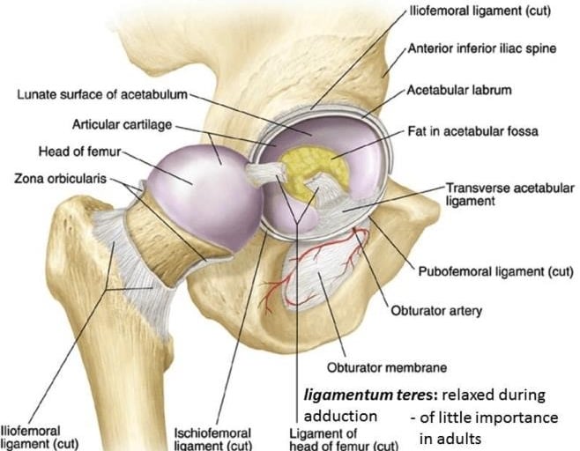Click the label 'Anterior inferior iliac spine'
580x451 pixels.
(x=481, y=48)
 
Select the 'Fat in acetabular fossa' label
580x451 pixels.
(x=472, y=131)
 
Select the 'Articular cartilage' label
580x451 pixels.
(x=123, y=126)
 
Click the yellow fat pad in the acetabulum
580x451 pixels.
(x=316, y=167)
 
